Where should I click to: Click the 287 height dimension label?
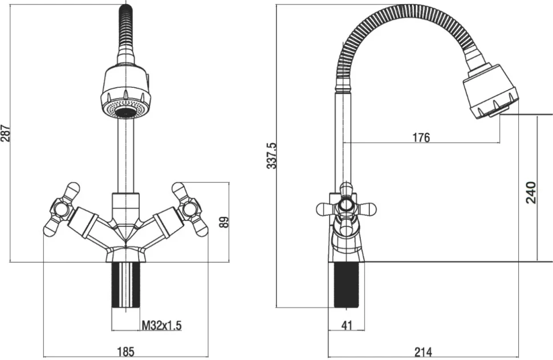pos(6,133)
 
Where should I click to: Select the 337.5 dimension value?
pos(272,156)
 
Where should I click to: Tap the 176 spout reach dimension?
pos(421,137)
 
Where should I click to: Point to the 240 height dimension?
pos(531,193)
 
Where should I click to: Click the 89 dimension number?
pos(223,222)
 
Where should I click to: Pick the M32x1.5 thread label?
pos(161,325)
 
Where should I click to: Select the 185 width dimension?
pos(125,351)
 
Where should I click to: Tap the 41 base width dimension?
pos(347,325)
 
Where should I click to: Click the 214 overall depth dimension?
pos(423,351)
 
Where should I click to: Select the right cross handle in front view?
pos(189,209)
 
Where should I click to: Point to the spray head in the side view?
pos(490,92)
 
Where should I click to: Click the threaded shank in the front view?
pos(126,285)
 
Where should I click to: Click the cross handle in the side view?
pos(346,210)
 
